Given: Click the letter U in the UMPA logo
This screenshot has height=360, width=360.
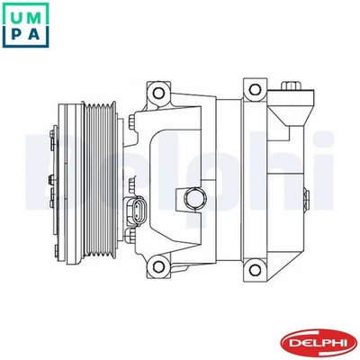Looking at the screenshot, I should (17, 15).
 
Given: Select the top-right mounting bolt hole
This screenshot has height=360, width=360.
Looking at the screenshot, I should (253, 89).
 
